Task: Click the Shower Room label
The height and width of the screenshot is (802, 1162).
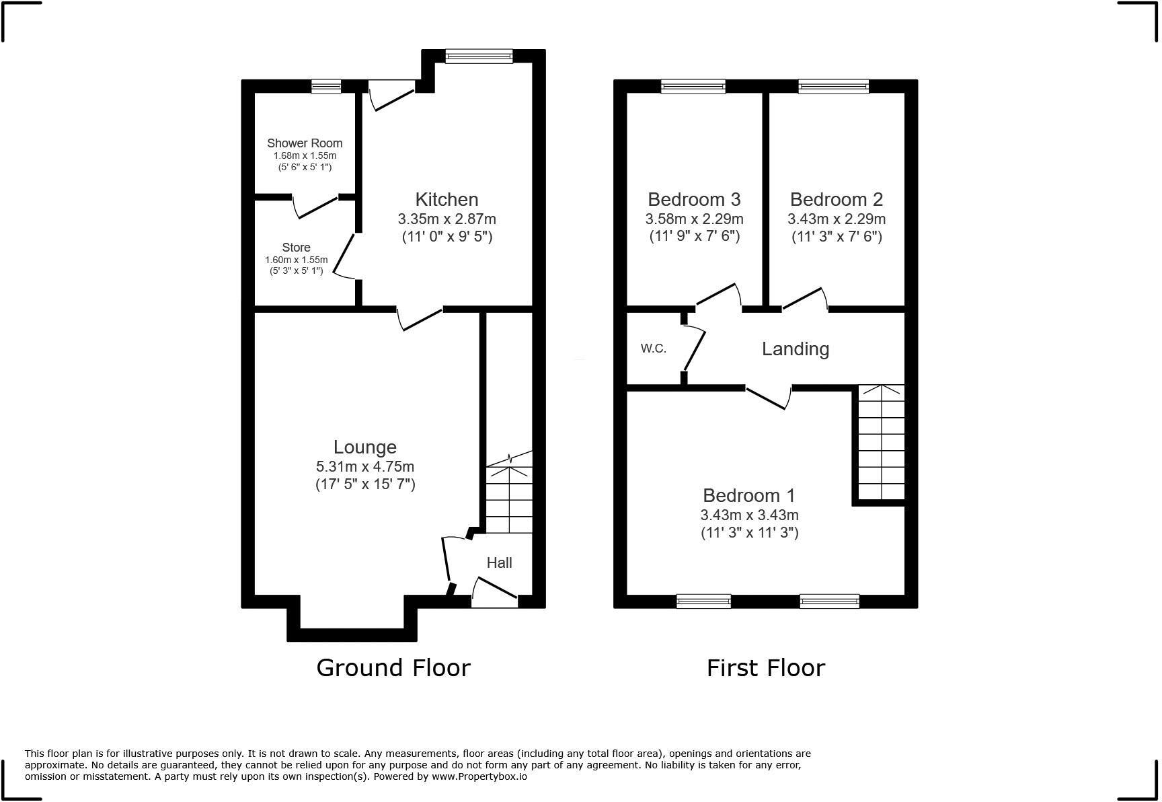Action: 305,143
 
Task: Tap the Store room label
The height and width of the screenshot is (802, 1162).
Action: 296,247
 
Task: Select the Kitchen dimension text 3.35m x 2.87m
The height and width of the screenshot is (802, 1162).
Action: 447,219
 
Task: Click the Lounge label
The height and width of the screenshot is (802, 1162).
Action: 365,447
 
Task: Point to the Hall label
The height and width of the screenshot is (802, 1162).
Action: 499,562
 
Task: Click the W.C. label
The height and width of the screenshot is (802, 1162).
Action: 653,349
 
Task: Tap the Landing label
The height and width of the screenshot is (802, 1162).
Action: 795,349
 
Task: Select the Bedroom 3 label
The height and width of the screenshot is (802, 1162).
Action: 694,199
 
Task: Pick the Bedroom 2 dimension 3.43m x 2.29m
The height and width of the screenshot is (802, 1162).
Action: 836,219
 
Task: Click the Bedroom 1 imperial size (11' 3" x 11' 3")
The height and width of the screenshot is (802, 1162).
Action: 749,533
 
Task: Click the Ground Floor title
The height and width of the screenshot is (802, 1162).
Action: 393,667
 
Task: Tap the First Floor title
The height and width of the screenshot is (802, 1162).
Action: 765,667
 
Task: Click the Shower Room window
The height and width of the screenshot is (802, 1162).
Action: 326,85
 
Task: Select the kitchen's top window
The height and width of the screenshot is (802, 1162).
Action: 479,56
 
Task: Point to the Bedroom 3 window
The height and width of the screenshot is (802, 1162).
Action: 693,85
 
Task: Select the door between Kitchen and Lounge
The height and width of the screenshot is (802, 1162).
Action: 420,318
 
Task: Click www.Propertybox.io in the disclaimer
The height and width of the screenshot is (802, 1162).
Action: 479,776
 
